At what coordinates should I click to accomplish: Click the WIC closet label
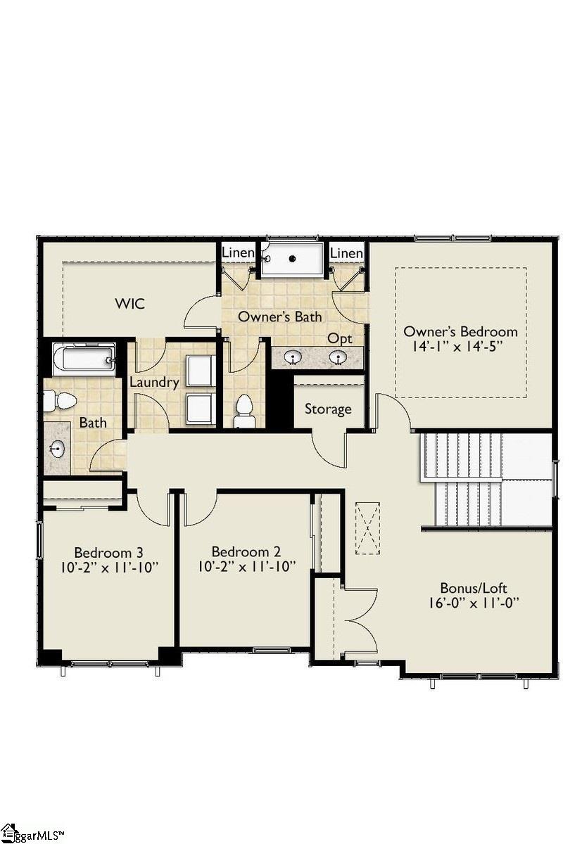[x=129, y=304]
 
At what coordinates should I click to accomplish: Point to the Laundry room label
[x=154, y=383]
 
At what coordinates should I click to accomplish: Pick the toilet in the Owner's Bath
[x=244, y=411]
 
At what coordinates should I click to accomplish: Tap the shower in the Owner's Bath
[x=292, y=259]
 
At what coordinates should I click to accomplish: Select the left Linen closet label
[x=239, y=252]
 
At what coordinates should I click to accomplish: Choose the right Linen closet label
[x=346, y=252]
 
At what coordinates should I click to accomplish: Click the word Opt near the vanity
[x=339, y=338]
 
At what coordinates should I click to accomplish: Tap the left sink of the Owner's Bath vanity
[x=291, y=359]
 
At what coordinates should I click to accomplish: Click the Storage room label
[x=328, y=409]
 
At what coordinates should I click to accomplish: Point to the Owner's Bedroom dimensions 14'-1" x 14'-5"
[x=460, y=347]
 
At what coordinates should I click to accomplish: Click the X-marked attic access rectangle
[x=367, y=528]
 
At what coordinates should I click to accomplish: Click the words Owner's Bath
[x=279, y=316]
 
